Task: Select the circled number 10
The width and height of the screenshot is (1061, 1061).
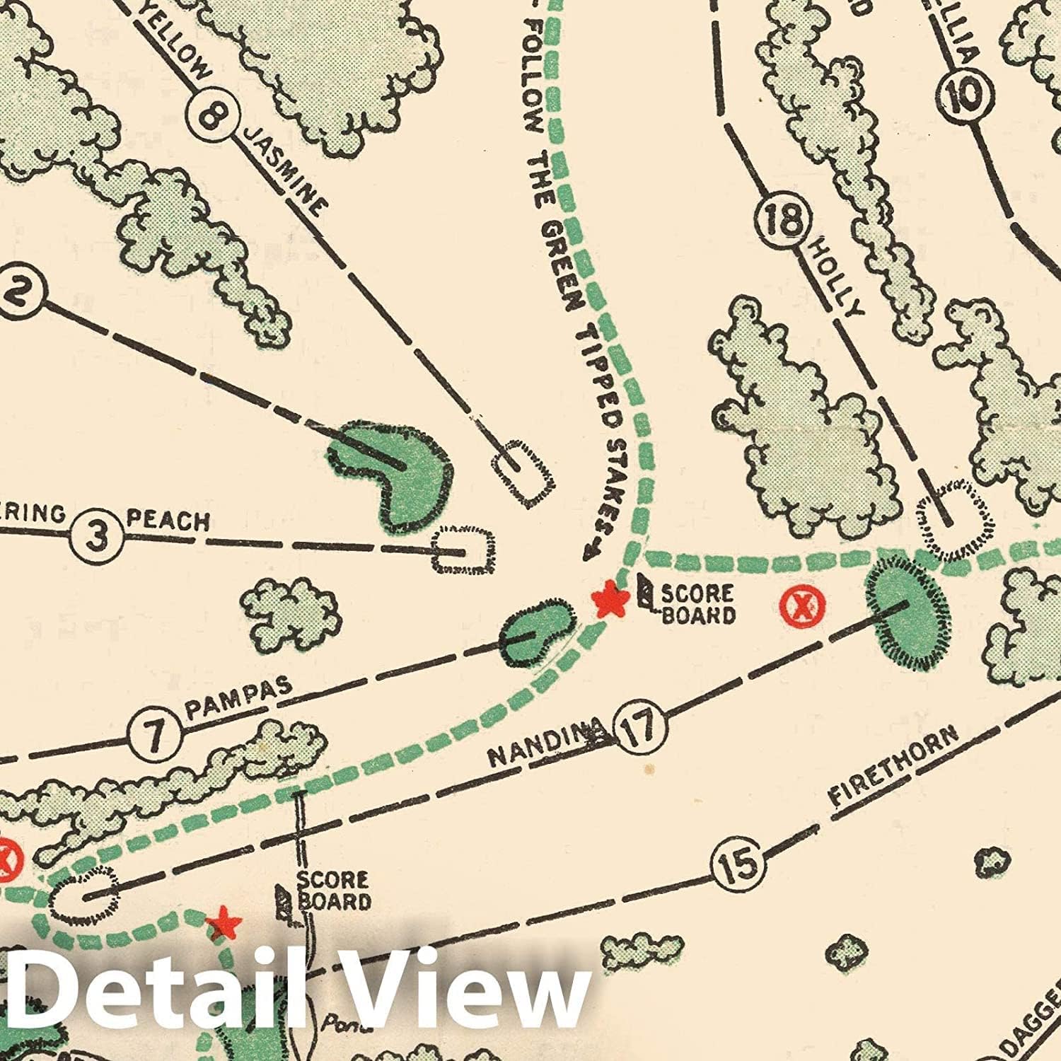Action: point(967,97)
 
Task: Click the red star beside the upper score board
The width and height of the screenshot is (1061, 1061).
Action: point(610,602)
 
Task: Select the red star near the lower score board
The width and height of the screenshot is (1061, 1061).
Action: point(224,923)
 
